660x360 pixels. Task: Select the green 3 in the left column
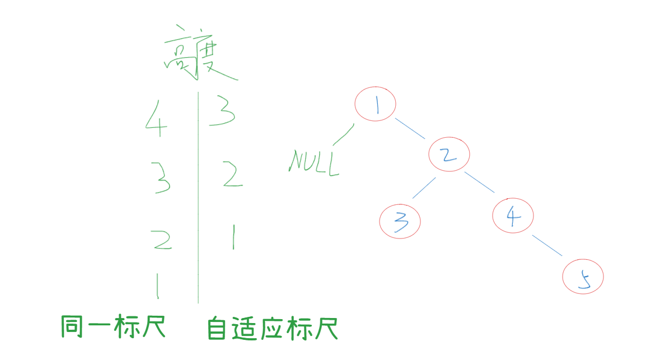click(161, 177)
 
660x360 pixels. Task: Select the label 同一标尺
click(114, 327)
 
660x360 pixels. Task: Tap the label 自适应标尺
click(273, 329)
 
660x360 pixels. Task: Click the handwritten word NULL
click(314, 163)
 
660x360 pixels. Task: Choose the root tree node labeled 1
click(376, 104)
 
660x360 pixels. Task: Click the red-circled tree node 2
click(449, 155)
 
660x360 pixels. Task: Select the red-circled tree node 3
click(400, 221)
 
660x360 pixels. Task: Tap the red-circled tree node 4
click(513, 215)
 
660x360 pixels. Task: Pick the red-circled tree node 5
click(583, 278)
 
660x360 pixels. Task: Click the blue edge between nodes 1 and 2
click(410, 128)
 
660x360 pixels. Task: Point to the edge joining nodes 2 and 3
click(424, 188)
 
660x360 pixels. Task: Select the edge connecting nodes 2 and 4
click(479, 183)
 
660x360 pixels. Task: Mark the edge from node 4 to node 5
click(547, 246)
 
